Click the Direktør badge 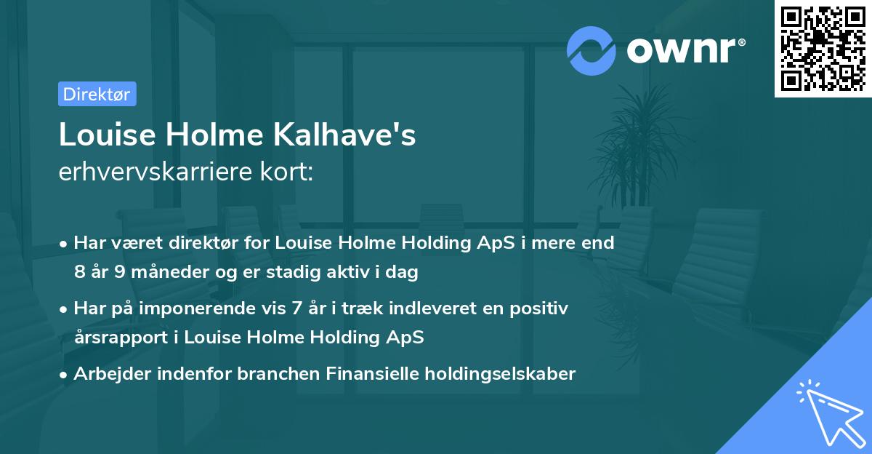coord(97,94)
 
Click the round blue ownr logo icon coord(592,50)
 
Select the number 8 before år coord(78,273)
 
